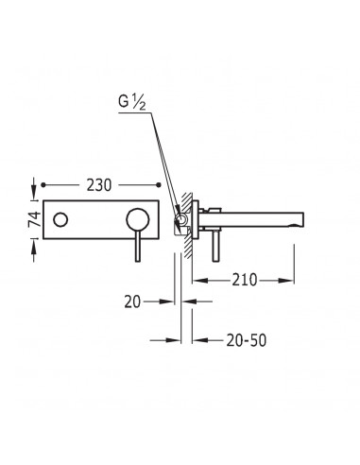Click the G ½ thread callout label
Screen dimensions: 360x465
[x=132, y=103]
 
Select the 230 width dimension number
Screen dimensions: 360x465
[x=99, y=185]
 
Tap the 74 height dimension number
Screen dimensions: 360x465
[x=35, y=219]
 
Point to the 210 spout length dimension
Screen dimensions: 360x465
[x=245, y=280]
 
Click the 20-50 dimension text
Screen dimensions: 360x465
[x=247, y=340]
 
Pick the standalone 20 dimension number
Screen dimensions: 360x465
[x=132, y=301]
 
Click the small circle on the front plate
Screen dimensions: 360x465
[x=60, y=219]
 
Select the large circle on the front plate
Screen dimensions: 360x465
[x=138, y=219]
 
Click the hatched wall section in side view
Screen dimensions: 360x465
[x=188, y=226]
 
